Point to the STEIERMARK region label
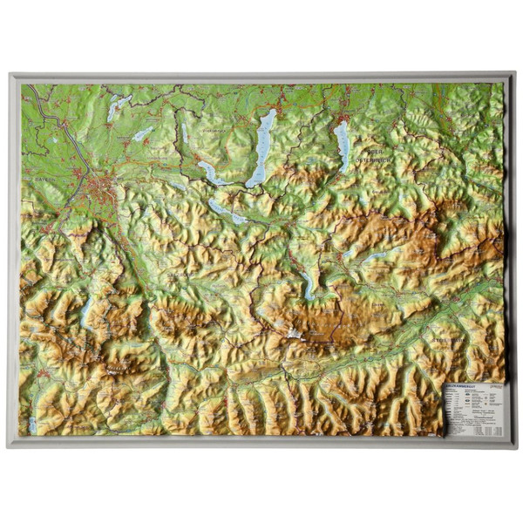[x=444, y=334]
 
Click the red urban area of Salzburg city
[x=104, y=187]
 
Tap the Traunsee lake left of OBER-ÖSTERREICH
[x=341, y=144]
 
